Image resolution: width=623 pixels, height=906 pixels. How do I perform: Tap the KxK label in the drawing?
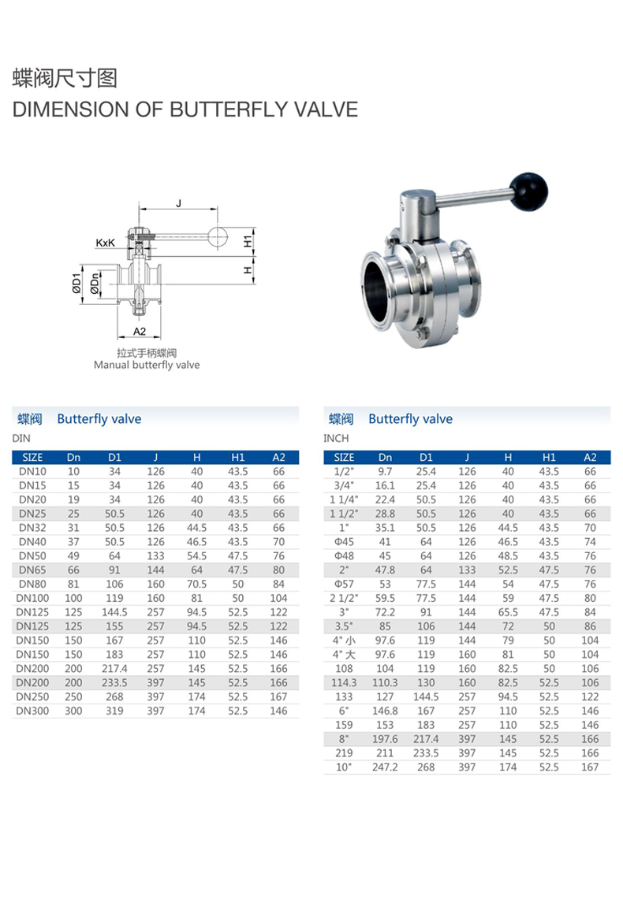(106, 243)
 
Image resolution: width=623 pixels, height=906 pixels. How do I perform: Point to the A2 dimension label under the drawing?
(140, 332)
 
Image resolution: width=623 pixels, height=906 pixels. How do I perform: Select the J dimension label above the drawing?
(179, 203)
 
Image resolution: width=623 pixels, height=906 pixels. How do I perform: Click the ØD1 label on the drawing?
(76, 283)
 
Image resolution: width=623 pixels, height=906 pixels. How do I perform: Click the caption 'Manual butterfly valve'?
(147, 366)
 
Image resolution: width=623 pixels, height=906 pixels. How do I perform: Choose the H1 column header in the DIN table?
(237, 457)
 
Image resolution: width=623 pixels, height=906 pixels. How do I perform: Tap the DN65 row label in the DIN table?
(32, 570)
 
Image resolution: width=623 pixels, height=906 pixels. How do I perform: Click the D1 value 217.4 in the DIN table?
(114, 669)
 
